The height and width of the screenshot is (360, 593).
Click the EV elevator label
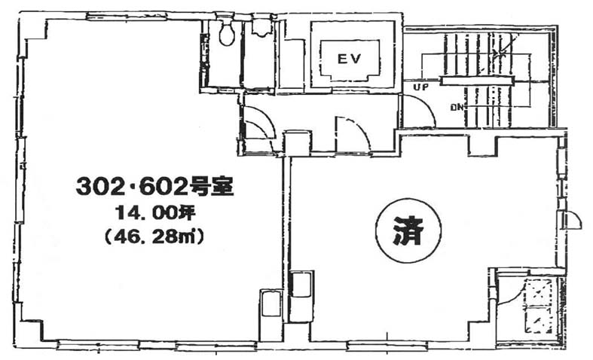(x=349, y=59)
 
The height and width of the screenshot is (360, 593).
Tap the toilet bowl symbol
(x=227, y=32)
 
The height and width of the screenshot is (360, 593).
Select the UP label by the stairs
(x=420, y=87)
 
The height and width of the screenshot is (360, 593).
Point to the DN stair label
(x=457, y=108)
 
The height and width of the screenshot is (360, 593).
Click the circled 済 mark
(x=408, y=230)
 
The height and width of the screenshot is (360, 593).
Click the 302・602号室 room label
(x=154, y=187)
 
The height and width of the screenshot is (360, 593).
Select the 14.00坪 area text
(x=155, y=214)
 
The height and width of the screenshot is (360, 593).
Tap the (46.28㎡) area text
(x=154, y=237)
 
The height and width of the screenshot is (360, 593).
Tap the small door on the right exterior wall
(x=573, y=219)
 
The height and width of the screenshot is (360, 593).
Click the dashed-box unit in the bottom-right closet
(x=539, y=306)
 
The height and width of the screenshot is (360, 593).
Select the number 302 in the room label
(x=100, y=187)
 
